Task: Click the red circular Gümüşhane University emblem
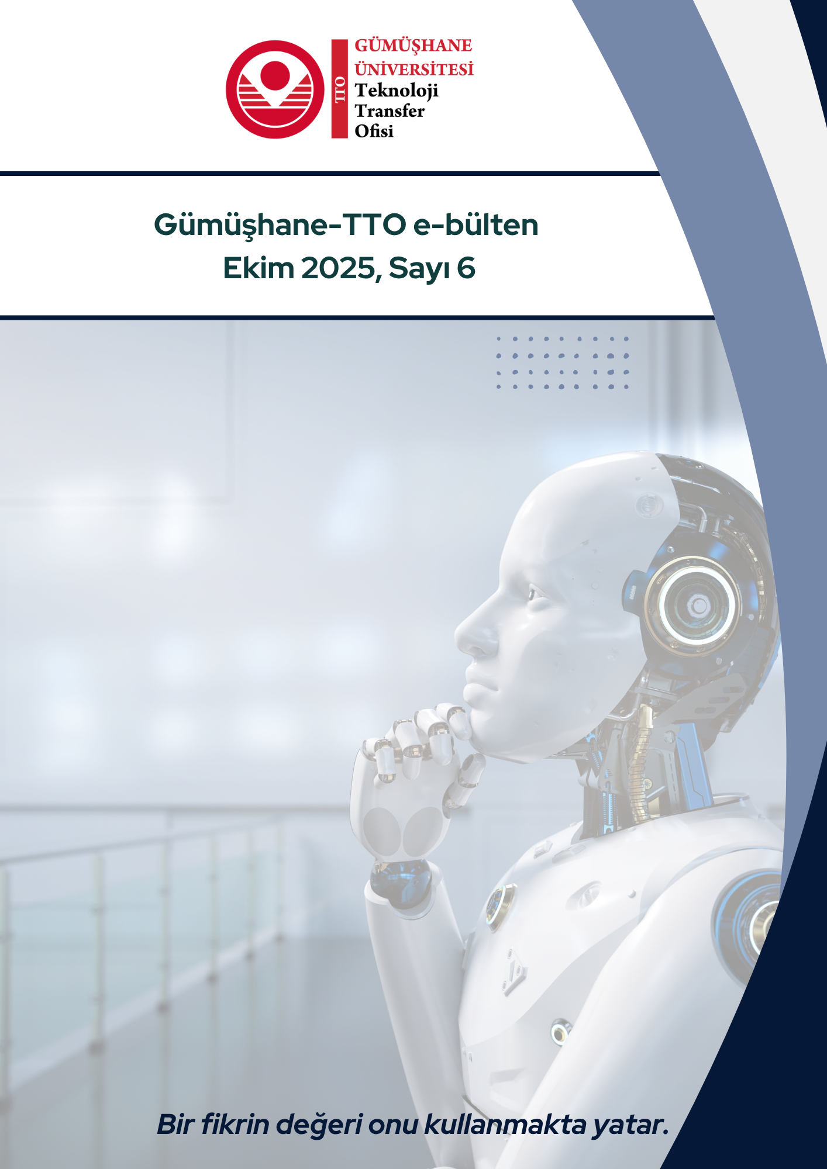pos(275,89)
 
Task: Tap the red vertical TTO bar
pos(340,89)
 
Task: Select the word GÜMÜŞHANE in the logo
pos(414,46)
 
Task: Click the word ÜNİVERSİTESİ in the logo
pos(414,68)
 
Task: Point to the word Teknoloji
pos(397,91)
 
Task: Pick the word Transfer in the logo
pos(390,110)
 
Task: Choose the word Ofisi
pos(374,131)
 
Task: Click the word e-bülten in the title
pos(476,224)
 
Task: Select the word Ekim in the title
pos(259,268)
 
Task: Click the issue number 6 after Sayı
pos(466,269)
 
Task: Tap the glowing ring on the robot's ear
pos(691,606)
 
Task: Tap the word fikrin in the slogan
pos(235,1123)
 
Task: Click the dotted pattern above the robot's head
pos(562,362)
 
